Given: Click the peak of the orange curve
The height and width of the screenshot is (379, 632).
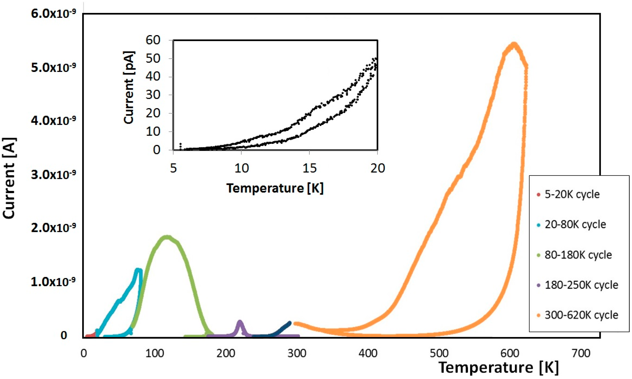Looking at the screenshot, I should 514,45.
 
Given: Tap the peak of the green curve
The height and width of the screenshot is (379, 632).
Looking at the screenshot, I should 167,237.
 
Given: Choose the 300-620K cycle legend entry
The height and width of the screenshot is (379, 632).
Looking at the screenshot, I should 581,315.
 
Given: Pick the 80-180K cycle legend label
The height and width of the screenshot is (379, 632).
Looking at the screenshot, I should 578,255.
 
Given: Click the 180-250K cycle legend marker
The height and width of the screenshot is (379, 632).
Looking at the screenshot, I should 538,285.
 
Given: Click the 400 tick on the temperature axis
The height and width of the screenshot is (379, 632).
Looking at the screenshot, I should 368,353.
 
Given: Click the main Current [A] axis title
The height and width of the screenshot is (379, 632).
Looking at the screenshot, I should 10,178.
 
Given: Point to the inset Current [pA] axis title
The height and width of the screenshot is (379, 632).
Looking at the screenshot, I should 129,88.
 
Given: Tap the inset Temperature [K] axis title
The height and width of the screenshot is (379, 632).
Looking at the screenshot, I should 275,188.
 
